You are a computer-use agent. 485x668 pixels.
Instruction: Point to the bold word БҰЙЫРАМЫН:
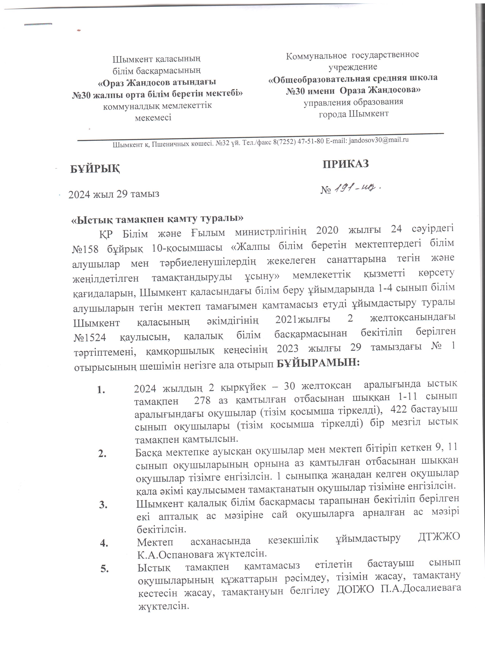click(319, 364)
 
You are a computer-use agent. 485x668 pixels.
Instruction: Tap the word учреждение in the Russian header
click(353, 67)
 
